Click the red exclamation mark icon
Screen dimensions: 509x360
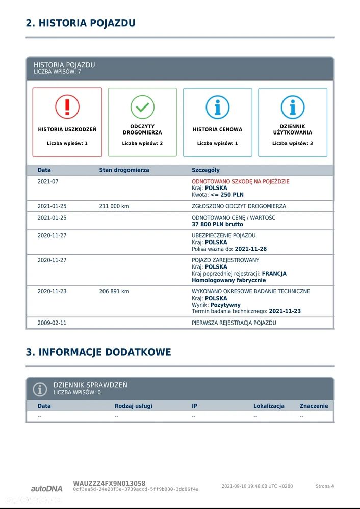[67, 107]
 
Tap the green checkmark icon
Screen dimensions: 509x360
[142, 107]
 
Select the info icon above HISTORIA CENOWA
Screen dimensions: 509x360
[218, 107]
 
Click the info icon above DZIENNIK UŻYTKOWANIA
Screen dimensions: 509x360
[293, 107]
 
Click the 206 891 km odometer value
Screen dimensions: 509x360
[114, 291]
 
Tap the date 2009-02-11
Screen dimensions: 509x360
[52, 323]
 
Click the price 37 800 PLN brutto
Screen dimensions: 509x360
[217, 224]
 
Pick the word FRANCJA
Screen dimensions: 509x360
[274, 274]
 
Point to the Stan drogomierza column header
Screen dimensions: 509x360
[124, 170]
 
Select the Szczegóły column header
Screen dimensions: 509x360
[205, 170]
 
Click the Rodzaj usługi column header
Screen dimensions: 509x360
[133, 406]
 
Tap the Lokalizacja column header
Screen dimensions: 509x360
[269, 406]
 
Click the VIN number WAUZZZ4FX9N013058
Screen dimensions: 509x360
[109, 483]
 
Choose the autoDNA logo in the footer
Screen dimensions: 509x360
[47, 488]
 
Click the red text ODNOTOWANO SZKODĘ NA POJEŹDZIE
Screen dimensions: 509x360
[241, 181]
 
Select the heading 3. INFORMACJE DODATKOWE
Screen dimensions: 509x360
[98, 352]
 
